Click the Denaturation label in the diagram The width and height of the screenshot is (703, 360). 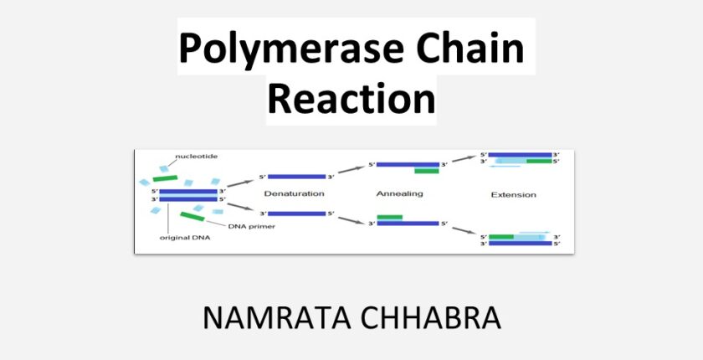click(294, 194)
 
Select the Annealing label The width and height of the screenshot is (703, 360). click(399, 194)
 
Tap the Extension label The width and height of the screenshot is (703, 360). click(513, 195)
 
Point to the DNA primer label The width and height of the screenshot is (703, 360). click(252, 226)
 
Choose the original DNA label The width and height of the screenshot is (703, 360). click(185, 238)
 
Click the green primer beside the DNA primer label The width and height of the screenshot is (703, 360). click(192, 217)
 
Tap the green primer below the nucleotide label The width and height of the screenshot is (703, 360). click(165, 178)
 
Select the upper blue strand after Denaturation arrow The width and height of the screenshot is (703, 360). click(297, 177)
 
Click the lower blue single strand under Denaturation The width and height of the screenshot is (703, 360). click(297, 213)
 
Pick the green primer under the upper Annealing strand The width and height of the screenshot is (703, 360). click(427, 171)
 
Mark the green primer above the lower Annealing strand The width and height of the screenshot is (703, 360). click(390, 218)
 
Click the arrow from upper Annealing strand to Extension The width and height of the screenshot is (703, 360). click(463, 159)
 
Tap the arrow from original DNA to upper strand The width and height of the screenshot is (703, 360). click(240, 183)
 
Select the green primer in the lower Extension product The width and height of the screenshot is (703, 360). click(501, 236)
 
